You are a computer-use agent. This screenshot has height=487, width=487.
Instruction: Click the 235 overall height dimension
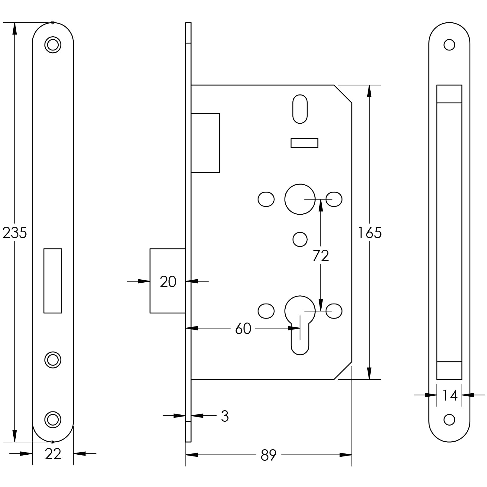click(x=15, y=233)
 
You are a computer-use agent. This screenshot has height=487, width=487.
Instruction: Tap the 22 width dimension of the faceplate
click(x=53, y=454)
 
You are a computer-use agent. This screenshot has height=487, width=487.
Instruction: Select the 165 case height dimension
click(x=369, y=233)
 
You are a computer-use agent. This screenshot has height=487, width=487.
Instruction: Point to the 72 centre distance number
click(x=321, y=256)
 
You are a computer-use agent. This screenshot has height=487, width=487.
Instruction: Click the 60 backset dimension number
click(x=243, y=329)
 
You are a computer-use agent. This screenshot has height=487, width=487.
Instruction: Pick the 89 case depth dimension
click(x=268, y=455)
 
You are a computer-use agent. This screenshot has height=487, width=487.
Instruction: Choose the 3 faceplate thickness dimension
click(x=225, y=416)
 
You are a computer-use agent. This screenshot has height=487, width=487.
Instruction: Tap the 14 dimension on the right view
click(x=450, y=395)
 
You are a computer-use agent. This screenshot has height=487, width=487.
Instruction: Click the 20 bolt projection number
click(x=168, y=282)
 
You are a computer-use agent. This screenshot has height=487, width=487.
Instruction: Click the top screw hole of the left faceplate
click(x=53, y=45)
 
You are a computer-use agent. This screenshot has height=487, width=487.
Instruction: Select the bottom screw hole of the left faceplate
click(x=53, y=420)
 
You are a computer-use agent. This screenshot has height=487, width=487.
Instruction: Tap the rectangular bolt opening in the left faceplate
click(x=53, y=281)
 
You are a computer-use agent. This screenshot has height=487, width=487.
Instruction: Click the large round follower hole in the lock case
click(x=300, y=199)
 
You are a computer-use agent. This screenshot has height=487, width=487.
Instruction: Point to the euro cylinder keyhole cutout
click(x=300, y=323)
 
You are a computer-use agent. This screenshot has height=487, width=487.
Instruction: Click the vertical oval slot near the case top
click(x=300, y=109)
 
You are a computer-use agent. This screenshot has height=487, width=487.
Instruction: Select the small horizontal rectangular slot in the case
click(x=304, y=143)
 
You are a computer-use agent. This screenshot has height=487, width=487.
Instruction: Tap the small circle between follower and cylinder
click(x=300, y=239)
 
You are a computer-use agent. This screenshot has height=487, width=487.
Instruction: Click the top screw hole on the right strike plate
click(x=449, y=45)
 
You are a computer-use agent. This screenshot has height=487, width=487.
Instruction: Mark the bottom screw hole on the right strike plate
click(x=449, y=420)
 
